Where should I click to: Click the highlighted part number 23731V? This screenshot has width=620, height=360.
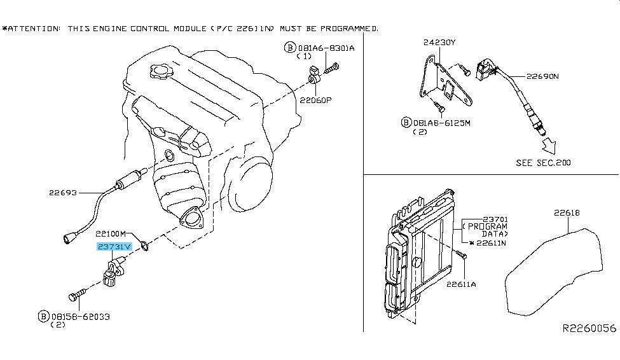pos(114,247)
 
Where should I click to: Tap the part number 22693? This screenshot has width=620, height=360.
pos(63,193)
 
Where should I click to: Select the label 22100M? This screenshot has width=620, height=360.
pos(111,234)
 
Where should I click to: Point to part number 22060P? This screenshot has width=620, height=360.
pos(315,100)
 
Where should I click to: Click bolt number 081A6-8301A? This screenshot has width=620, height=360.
pos(326,48)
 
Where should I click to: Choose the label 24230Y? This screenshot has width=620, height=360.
pos(439,42)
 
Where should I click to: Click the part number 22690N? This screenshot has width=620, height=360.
pos(542,76)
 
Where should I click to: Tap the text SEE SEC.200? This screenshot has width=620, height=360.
pos(543,163)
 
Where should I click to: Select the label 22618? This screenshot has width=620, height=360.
pos(567,213)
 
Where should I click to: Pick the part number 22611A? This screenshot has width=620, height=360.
pos(461,284)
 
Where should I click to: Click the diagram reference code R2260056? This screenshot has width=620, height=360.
pos(589,328)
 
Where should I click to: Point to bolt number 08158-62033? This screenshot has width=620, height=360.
pos(81,317)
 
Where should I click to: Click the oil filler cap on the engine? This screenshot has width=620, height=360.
pos(160,72)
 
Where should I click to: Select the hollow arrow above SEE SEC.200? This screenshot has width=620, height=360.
pos(549,145)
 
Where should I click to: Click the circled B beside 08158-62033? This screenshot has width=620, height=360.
pos(43,316)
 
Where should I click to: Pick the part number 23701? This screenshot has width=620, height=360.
pos(495,219)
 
